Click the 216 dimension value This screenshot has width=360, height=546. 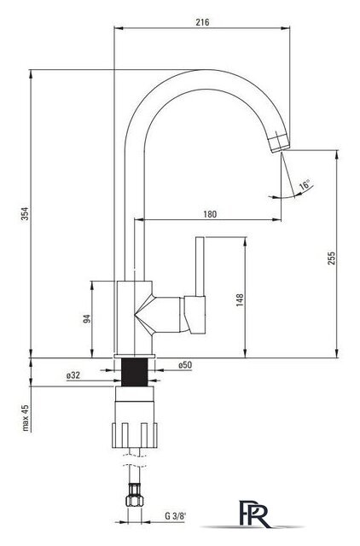coord(202,22)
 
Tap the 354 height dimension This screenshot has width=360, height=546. coord(26,213)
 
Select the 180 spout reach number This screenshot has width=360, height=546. coord(210,214)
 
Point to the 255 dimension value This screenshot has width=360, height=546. coord(332,258)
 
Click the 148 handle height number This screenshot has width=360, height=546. coord(240,300)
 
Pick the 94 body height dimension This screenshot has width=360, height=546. coord(87,318)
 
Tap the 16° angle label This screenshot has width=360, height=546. coord(305,184)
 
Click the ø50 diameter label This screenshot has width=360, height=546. coord(185,365)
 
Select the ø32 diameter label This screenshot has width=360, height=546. coord(73,375)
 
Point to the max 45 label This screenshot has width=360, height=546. coord(26,417)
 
